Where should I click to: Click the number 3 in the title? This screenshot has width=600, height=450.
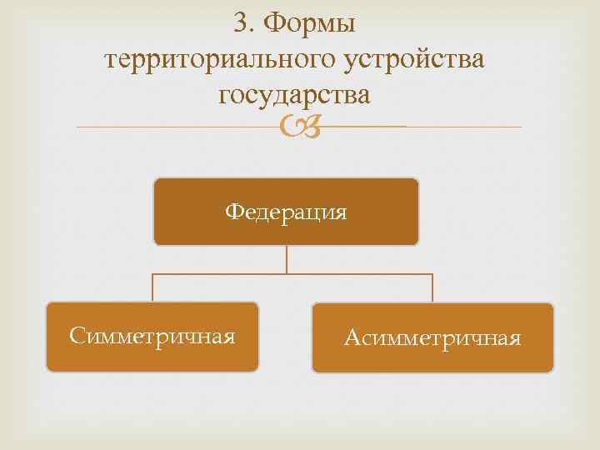click(x=242, y=23)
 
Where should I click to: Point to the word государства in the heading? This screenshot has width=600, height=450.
click(x=294, y=96)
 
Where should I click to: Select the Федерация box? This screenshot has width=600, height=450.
click(x=286, y=212)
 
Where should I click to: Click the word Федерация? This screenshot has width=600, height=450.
click(x=286, y=212)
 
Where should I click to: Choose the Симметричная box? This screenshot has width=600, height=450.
click(x=152, y=337)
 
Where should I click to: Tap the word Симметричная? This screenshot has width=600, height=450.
click(x=152, y=337)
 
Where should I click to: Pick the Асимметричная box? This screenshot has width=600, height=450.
click(x=432, y=337)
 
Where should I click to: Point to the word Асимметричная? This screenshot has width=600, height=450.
click(x=432, y=338)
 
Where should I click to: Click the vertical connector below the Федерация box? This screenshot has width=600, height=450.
click(x=286, y=259)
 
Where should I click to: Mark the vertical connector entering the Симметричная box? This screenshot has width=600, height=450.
click(x=152, y=287)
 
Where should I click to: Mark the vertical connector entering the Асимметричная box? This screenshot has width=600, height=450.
click(x=432, y=288)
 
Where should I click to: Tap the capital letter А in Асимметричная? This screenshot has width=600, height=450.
click(x=352, y=338)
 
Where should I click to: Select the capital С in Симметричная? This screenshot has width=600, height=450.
click(x=77, y=337)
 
